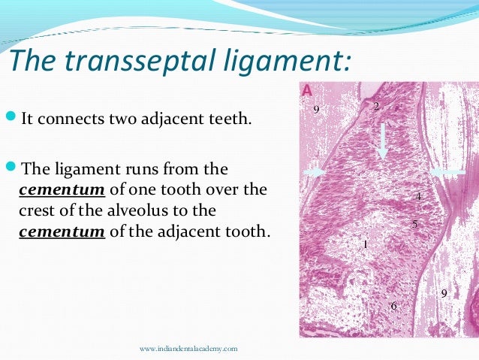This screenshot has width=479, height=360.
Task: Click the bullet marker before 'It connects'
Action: coord(10,119)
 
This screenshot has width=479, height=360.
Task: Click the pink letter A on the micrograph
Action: coord(307,91)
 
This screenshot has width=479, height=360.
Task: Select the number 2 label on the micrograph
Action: coord(376,107)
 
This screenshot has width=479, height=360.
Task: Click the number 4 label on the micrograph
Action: coord(418,197)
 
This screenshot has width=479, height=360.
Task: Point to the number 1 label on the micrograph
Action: coord(365,244)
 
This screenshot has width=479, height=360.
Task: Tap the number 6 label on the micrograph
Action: coord(393,305)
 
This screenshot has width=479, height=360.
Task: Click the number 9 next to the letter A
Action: coord(316,110)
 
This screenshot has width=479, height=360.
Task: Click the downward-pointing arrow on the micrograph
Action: coord(383,139)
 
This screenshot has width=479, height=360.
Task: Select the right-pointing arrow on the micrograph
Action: coord(316,172)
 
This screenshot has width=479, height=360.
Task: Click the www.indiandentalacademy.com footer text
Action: coord(188,349)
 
